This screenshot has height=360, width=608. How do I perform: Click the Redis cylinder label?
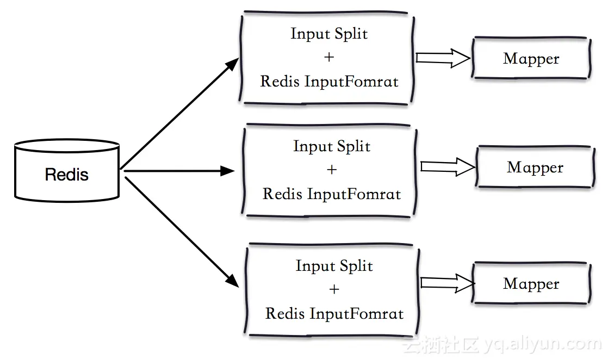click(66, 175)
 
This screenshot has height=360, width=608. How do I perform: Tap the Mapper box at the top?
click(531, 59)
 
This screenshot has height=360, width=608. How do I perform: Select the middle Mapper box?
click(535, 167)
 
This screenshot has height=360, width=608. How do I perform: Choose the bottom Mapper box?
click(531, 284)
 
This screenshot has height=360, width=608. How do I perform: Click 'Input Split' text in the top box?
click(329, 34)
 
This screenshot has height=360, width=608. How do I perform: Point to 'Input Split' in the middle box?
click(332, 146)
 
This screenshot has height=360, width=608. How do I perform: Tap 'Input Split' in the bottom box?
click(334, 266)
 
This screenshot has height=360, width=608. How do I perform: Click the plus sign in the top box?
click(329, 57)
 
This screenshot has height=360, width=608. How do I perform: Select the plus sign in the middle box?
click(332, 170)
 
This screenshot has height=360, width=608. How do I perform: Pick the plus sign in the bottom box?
click(334, 289)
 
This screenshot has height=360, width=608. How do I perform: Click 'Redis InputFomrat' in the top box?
click(329, 82)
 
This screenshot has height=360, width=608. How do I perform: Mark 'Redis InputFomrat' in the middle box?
click(332, 194)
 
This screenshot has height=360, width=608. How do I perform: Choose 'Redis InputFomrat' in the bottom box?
click(334, 314)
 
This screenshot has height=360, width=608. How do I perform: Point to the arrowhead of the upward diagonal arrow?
click(232, 63)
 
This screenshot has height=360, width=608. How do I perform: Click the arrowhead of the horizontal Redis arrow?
click(228, 171)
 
